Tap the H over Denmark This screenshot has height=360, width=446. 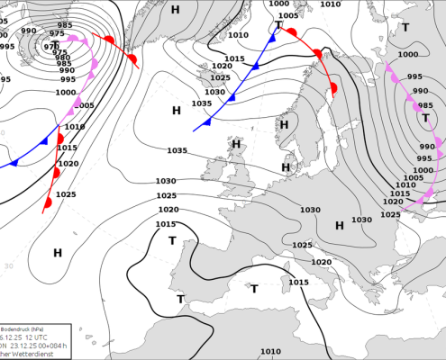287,166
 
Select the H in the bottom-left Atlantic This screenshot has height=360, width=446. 58,254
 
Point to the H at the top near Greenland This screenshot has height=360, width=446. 175,9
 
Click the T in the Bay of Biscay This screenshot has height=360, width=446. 172,240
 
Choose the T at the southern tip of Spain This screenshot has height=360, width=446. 180,299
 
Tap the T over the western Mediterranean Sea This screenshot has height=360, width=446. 254,288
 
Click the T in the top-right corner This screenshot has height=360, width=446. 405,27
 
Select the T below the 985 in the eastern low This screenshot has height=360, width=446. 425,118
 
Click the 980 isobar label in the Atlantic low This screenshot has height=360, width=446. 64,61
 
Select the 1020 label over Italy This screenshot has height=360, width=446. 322,262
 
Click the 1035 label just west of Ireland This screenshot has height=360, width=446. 177,150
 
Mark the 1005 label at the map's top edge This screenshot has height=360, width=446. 288,15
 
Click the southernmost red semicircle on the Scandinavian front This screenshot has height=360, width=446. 332,88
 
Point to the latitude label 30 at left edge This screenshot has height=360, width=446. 8,265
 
